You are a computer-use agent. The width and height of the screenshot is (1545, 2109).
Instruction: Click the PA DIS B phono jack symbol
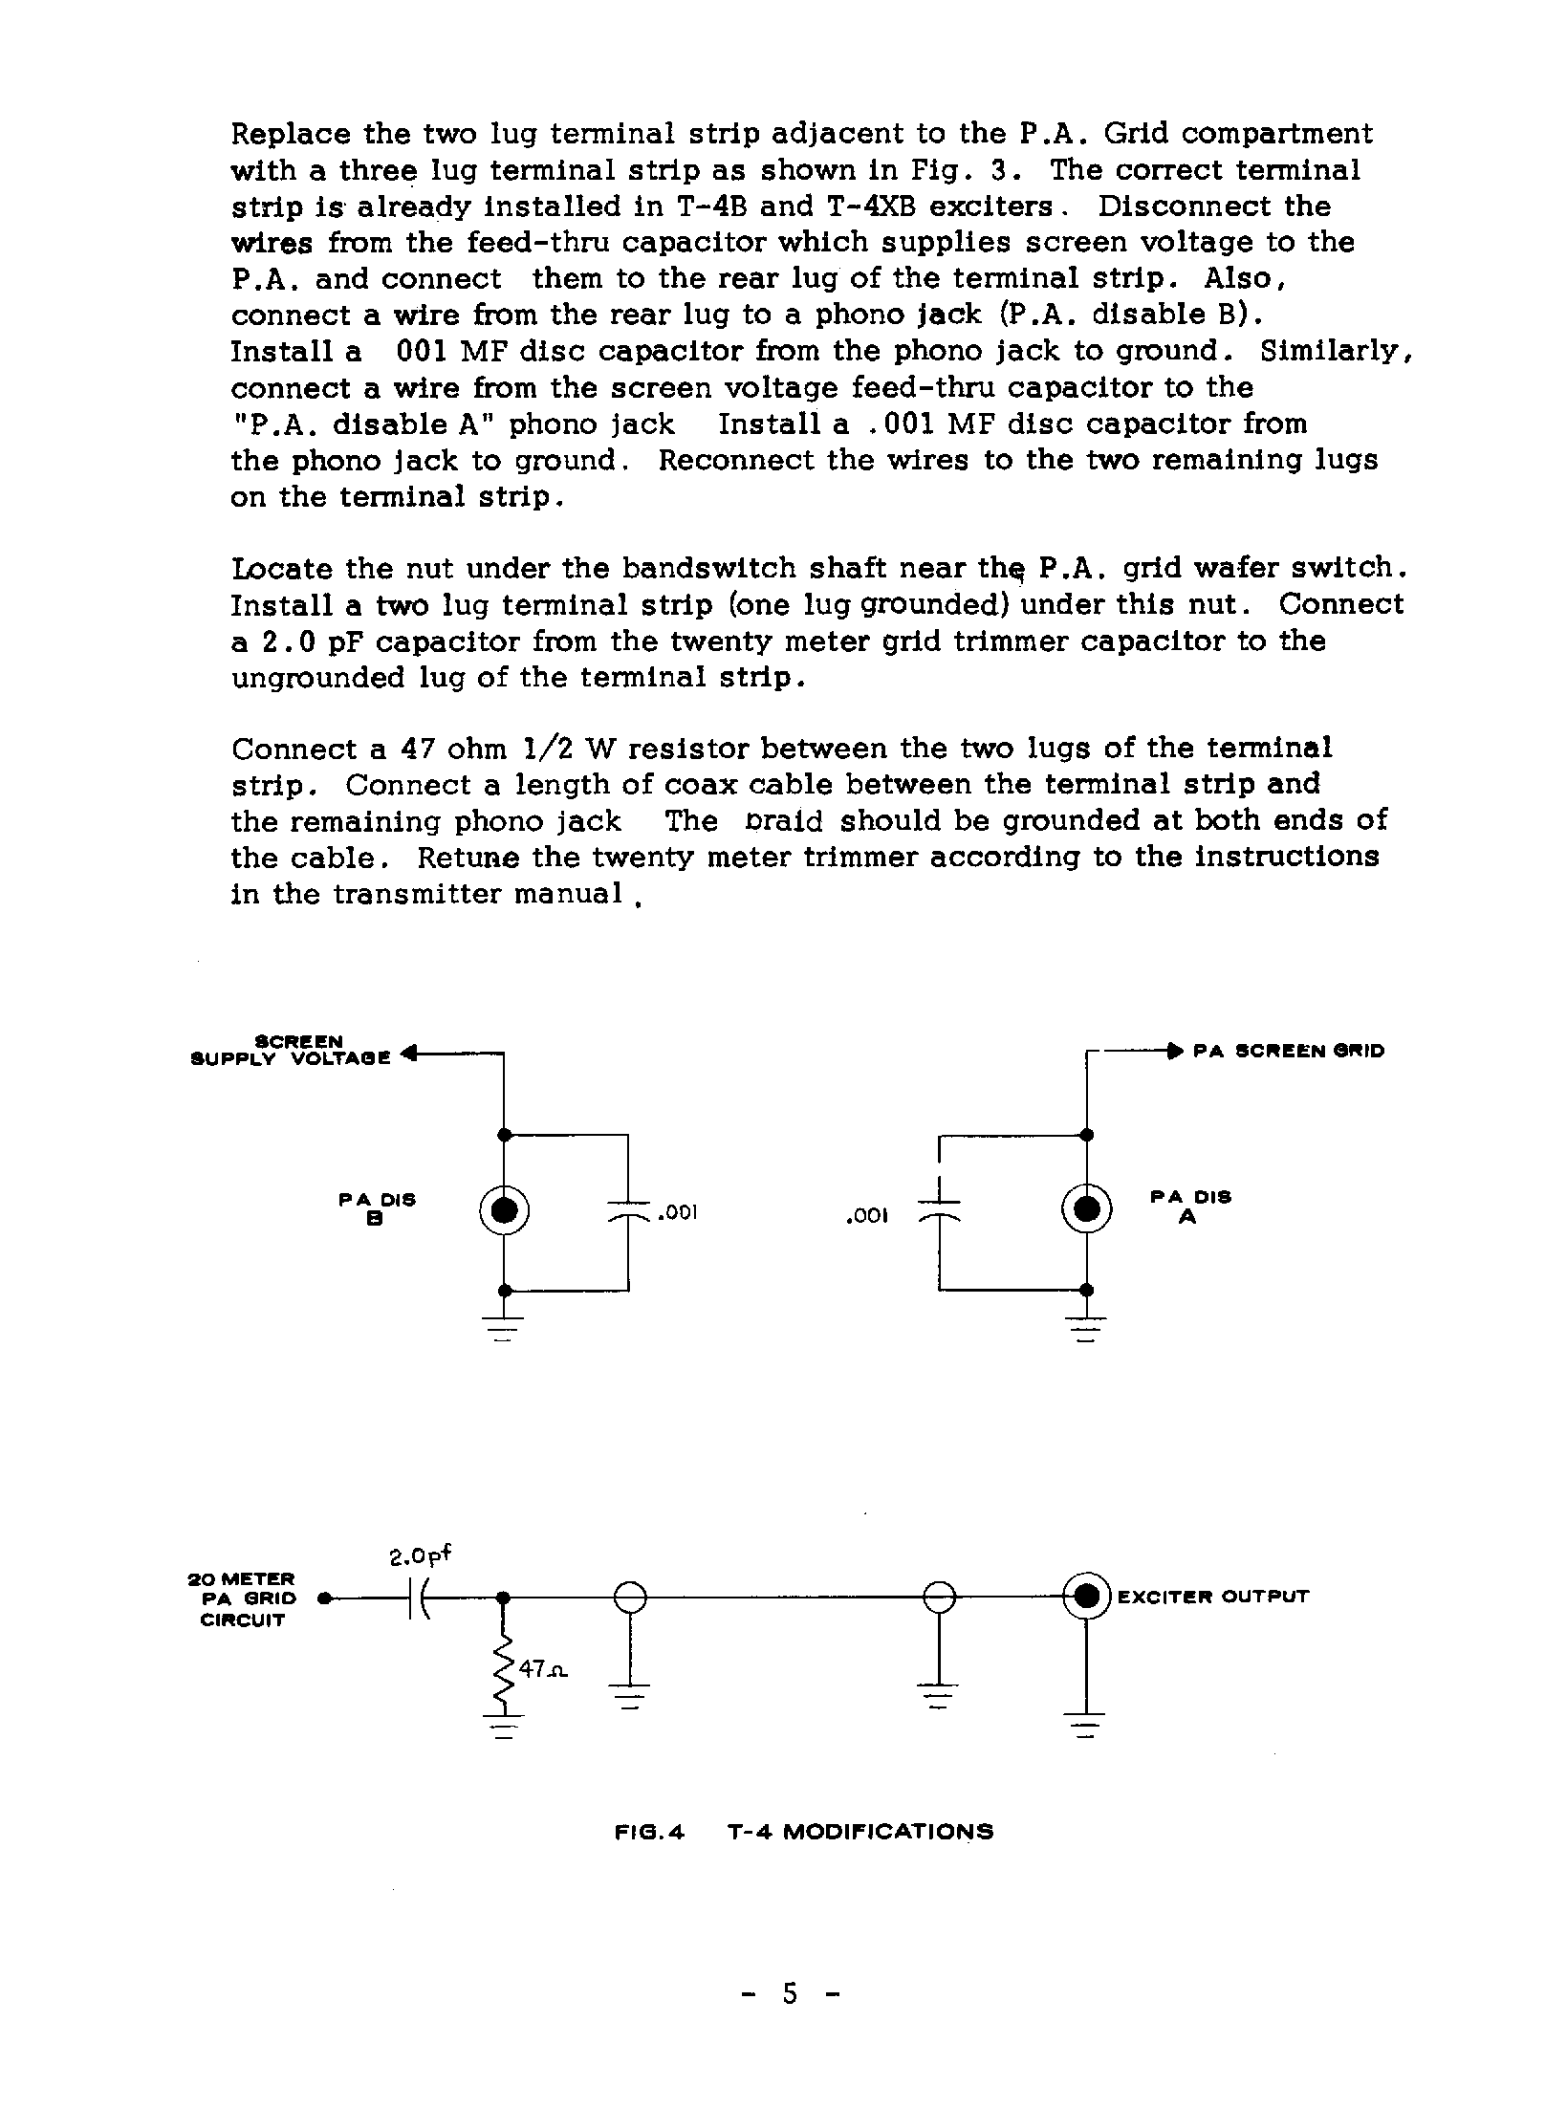(505, 1211)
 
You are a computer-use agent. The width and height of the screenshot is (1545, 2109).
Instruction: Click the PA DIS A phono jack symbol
(1086, 1211)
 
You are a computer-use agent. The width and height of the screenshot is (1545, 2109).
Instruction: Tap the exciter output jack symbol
(1086, 1596)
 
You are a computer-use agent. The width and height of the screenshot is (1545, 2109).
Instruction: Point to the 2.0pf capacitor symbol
(418, 1597)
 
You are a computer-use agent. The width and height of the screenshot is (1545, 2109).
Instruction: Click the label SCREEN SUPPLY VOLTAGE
(292, 1049)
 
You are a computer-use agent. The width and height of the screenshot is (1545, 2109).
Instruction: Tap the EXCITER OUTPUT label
(1212, 1597)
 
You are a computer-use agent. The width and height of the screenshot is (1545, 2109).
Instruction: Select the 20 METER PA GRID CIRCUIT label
(243, 1598)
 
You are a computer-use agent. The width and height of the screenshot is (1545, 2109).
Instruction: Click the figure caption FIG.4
(649, 1832)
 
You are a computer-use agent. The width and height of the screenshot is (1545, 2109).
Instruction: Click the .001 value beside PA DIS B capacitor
(678, 1213)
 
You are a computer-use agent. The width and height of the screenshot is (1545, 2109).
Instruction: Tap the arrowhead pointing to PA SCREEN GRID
(1175, 1051)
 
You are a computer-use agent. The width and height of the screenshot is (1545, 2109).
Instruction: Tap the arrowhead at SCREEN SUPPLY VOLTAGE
(407, 1054)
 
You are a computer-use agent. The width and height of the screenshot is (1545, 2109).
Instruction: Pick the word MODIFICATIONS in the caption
(888, 1832)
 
